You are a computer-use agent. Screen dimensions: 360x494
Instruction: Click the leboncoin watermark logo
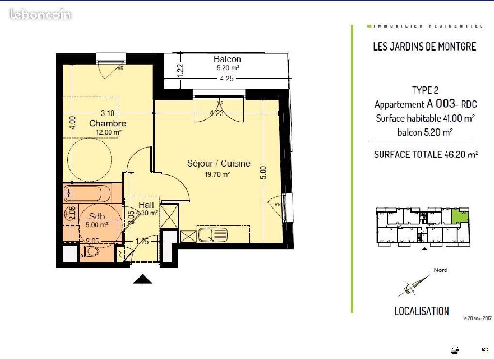pyautogui.click(x=41, y=15)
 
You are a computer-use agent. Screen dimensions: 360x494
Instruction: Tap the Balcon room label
pyautogui.click(x=227, y=59)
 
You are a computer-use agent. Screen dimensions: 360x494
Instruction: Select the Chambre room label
pyautogui.click(x=108, y=124)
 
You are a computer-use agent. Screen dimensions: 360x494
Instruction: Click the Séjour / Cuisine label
pyautogui.click(x=219, y=164)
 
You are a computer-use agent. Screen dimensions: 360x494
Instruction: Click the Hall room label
pyautogui.click(x=145, y=205)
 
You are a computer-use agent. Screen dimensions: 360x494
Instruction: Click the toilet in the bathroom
pyautogui.click(x=91, y=252)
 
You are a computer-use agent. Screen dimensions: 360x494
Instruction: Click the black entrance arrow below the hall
pyautogui.click(x=142, y=279)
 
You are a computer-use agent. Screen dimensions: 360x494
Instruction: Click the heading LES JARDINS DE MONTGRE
pyautogui.click(x=424, y=47)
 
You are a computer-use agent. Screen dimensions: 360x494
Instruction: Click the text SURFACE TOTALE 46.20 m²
pyautogui.click(x=426, y=155)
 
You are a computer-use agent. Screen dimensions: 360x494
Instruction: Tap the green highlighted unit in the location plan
pyautogui.click(x=460, y=216)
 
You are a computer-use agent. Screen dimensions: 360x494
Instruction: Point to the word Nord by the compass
pyautogui.click(x=440, y=270)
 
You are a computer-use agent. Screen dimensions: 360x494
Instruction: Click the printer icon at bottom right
pyautogui.click(x=454, y=349)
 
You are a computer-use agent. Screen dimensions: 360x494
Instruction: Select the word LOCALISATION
pyautogui.click(x=421, y=311)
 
